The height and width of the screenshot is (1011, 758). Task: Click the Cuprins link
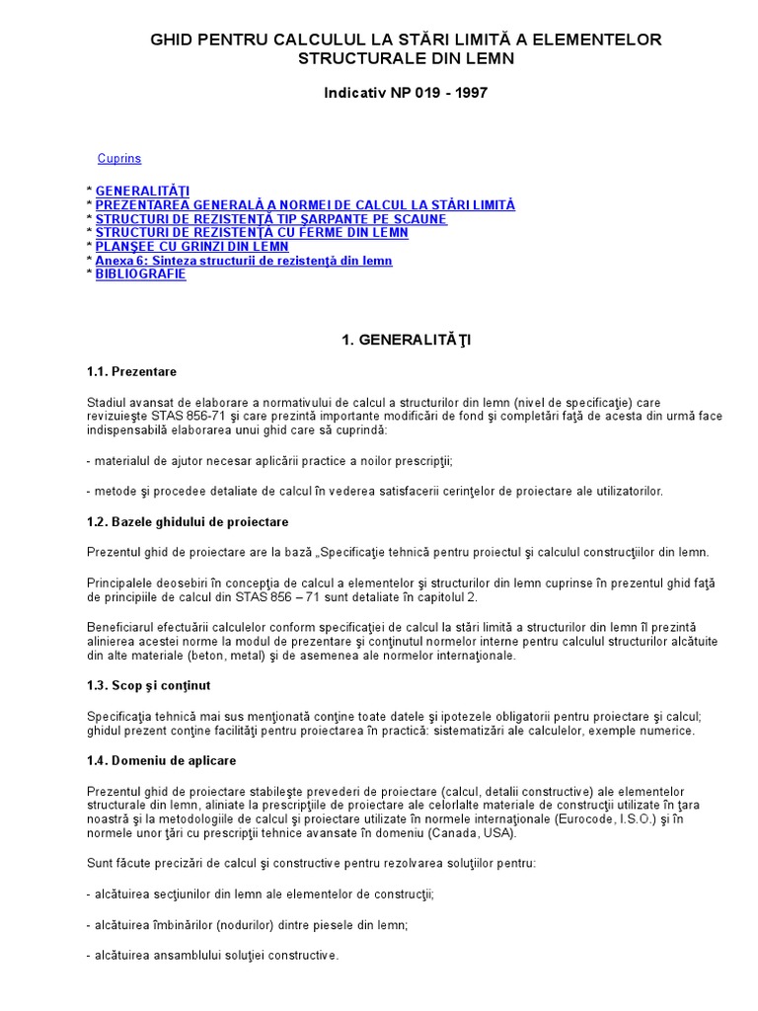119,158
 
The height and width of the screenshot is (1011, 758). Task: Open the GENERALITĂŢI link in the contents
143,191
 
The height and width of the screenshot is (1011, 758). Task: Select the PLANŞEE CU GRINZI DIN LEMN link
192,246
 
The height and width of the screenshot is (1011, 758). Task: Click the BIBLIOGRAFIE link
140,273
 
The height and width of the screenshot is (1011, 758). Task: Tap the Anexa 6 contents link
244,261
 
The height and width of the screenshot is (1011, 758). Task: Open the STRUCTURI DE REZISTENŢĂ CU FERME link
252,232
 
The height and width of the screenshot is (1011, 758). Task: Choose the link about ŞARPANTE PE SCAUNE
271,218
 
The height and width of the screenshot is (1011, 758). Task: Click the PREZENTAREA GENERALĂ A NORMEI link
305,204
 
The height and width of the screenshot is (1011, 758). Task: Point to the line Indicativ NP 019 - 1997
406,93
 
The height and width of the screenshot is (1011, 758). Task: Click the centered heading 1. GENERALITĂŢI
406,340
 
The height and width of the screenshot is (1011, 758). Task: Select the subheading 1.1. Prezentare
131,371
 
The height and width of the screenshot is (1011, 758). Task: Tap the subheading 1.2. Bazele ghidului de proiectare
188,521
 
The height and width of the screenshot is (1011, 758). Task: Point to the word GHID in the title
171,39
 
